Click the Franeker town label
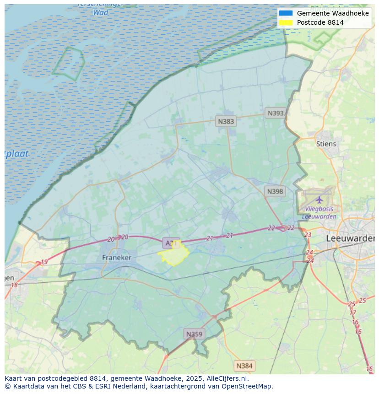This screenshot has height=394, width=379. point(116,258)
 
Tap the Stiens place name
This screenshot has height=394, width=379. point(326,144)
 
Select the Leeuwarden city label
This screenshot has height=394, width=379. point(350,238)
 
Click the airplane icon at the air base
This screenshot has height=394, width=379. point(319,200)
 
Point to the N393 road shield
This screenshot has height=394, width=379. point(276,113)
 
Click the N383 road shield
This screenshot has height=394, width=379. point(226,121)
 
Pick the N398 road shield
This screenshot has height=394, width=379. point(275,192)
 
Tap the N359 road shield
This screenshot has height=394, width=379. point(194,334)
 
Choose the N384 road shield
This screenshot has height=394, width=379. point(244,366)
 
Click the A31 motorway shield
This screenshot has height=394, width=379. point(170,243)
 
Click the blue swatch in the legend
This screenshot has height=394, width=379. point(286,13)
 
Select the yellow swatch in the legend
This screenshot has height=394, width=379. point(286,22)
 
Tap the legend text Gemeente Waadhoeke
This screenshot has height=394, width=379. point(333,13)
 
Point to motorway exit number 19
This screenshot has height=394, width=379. point(44,262)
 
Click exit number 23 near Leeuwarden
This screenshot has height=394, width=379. point(308,235)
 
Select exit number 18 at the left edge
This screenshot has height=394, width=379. point(14,285)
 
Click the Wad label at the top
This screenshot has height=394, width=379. point(101,12)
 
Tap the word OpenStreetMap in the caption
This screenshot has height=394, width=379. point(247,386)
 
